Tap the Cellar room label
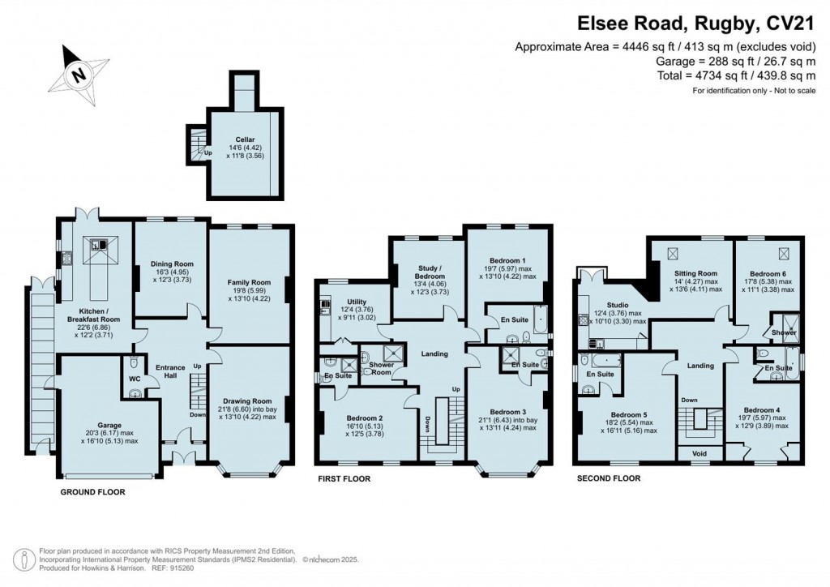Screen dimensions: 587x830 247,139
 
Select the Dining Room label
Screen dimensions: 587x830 172,264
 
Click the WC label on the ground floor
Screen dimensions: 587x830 136,378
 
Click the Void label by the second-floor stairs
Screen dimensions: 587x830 696,453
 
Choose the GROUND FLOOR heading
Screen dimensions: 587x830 93,491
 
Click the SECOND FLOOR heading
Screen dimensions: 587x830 608,478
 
